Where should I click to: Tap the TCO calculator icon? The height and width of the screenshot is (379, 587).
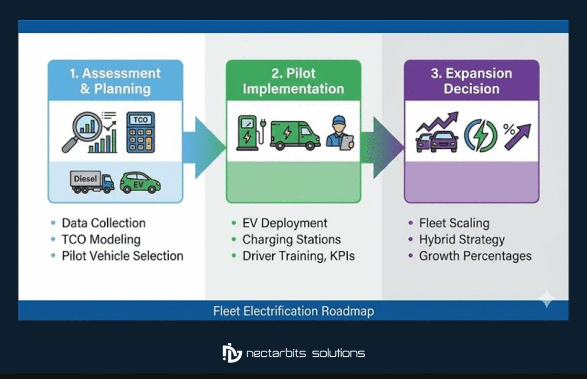140,132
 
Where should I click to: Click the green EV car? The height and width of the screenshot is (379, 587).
140,182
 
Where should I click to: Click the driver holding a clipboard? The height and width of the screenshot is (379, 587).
340,133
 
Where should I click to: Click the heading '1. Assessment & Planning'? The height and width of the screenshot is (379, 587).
115,81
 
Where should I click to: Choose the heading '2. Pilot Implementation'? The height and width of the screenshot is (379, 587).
293,81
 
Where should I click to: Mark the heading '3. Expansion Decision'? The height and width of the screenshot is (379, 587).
471,81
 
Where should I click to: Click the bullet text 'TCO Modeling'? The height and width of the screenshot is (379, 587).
101,239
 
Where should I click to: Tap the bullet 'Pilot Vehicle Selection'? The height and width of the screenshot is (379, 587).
122,256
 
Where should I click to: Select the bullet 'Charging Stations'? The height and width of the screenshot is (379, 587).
291,239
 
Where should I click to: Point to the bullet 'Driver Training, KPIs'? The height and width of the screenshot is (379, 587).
298,256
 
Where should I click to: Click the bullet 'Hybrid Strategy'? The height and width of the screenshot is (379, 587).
461,239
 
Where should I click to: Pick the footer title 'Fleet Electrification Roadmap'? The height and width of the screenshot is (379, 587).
293,311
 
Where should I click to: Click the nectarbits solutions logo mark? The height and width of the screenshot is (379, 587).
232,353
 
